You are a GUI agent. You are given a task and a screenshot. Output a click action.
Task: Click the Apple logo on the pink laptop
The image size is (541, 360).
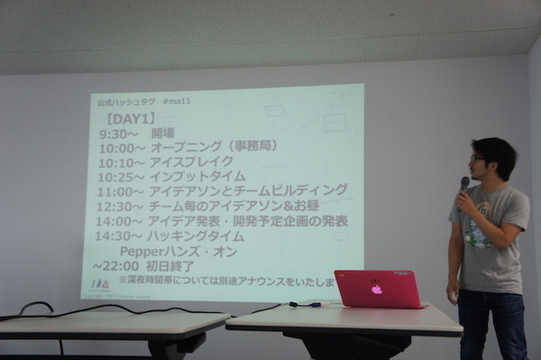pyautogui.click(x=377, y=290)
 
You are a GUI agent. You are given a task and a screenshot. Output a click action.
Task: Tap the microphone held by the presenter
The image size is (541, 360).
pyautogui.click(x=463, y=186)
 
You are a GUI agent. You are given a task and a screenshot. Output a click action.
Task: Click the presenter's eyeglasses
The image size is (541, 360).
pyautogui.click(x=477, y=160)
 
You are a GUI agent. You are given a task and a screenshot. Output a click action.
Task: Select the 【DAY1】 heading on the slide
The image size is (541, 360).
pyautogui.click(x=131, y=118)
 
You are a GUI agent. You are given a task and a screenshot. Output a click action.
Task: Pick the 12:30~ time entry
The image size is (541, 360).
pyautogui.click(x=122, y=206)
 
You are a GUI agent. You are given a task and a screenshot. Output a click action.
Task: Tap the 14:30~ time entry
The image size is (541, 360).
pyautogui.click(x=122, y=235)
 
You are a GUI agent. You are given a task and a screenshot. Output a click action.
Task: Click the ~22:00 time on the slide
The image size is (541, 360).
pyautogui.click(x=115, y=265)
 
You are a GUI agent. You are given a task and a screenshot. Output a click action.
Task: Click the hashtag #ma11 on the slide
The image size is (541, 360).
pyautogui.click(x=176, y=101)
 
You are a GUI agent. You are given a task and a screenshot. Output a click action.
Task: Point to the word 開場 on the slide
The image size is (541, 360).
pyautogui.click(x=163, y=134)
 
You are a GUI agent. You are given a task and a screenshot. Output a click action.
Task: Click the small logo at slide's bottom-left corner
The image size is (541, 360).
pyautogui.click(x=100, y=283)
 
